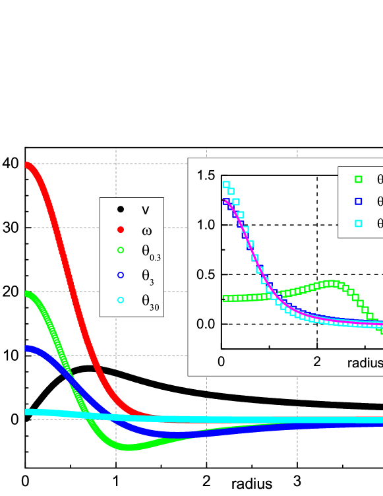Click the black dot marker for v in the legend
(x=121, y=210)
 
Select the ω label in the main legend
(x=145, y=230)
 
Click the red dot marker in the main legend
(x=121, y=230)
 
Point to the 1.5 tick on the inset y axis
(x=205, y=175)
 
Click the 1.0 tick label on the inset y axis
(x=205, y=225)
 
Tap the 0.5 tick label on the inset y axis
(x=205, y=274)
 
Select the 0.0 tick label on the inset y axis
(x=205, y=324)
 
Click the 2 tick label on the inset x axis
(x=317, y=362)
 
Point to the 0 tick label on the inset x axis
(x=221, y=362)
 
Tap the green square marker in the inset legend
(x=359, y=179)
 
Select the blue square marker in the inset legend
(x=359, y=201)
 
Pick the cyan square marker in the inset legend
(x=359, y=224)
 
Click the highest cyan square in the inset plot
(x=226, y=185)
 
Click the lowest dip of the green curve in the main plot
(x=129, y=447)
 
